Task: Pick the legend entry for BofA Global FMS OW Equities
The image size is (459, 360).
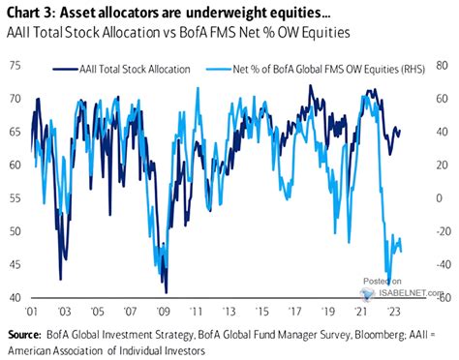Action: pos(310,71)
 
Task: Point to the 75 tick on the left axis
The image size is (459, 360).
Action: pos(15,66)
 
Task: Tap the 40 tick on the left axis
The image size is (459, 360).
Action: pos(15,298)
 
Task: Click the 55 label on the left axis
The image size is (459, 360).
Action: pos(15,198)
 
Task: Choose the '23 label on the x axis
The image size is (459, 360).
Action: pos(393,313)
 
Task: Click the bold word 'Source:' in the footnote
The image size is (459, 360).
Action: pos(30,335)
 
